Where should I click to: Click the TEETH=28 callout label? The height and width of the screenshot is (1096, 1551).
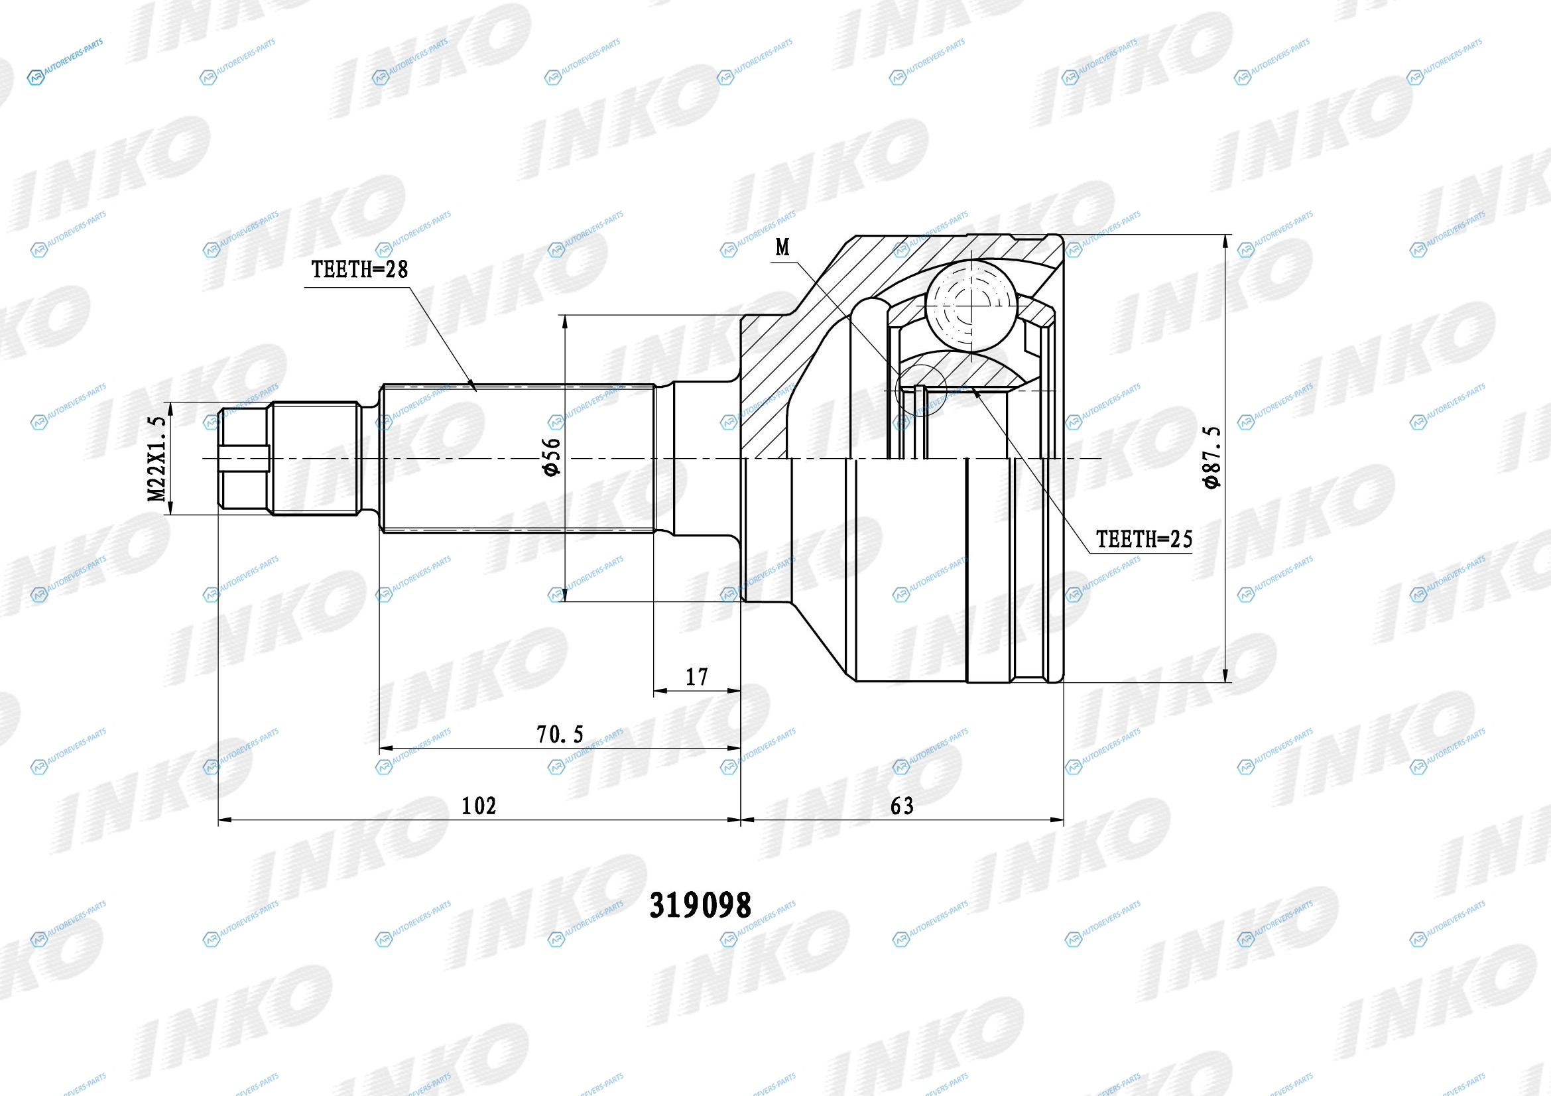(359, 269)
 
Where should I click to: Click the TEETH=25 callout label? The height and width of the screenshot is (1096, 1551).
(1144, 539)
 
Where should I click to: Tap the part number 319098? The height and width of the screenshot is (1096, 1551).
(700, 906)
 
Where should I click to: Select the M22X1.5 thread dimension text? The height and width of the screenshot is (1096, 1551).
(156, 459)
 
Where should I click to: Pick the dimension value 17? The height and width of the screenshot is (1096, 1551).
(696, 677)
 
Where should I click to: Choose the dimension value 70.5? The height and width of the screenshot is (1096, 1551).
(560, 734)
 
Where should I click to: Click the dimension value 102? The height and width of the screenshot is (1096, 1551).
(478, 806)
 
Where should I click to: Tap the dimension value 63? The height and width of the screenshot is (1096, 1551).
(902, 806)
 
